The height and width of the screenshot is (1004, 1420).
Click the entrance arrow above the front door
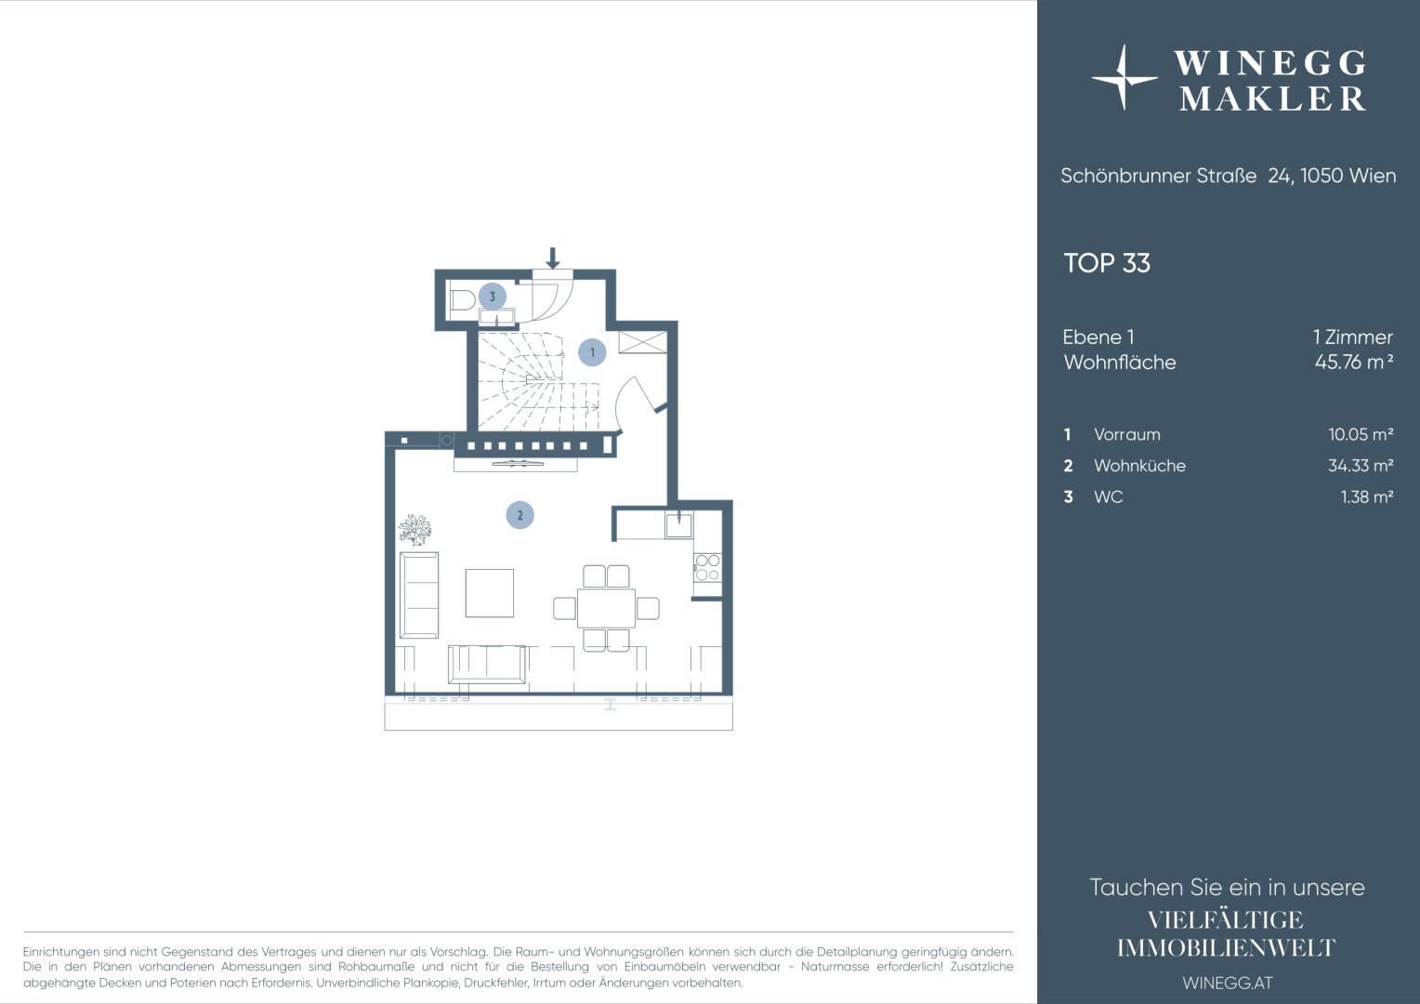click(553, 258)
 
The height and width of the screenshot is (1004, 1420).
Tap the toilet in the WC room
click(462, 300)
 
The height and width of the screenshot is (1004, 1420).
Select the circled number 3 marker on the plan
click(492, 297)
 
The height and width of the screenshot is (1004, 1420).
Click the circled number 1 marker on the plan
click(592, 352)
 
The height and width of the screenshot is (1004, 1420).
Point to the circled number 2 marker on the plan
click(519, 515)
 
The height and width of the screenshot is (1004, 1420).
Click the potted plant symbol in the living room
click(414, 530)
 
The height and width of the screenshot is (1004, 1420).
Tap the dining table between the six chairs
click(606, 608)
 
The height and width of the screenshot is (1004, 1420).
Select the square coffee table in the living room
click(490, 593)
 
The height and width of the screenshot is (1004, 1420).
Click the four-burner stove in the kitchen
click(707, 568)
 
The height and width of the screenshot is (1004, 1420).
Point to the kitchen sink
click(679, 526)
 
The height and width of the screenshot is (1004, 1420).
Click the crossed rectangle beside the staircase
click(643, 342)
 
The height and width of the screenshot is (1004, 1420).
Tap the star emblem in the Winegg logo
click(1124, 78)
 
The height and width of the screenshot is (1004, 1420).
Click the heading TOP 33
click(1107, 263)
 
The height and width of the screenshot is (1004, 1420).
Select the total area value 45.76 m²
click(1353, 362)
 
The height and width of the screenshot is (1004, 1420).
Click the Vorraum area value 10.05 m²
click(1361, 434)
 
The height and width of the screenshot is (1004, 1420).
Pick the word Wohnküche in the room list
click(1139, 466)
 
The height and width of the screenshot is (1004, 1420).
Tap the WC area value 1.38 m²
click(1367, 496)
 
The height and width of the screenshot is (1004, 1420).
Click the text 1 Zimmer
click(1353, 337)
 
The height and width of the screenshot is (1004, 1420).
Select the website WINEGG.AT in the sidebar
click(1228, 983)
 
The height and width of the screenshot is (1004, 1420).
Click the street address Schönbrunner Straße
click(1158, 176)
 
